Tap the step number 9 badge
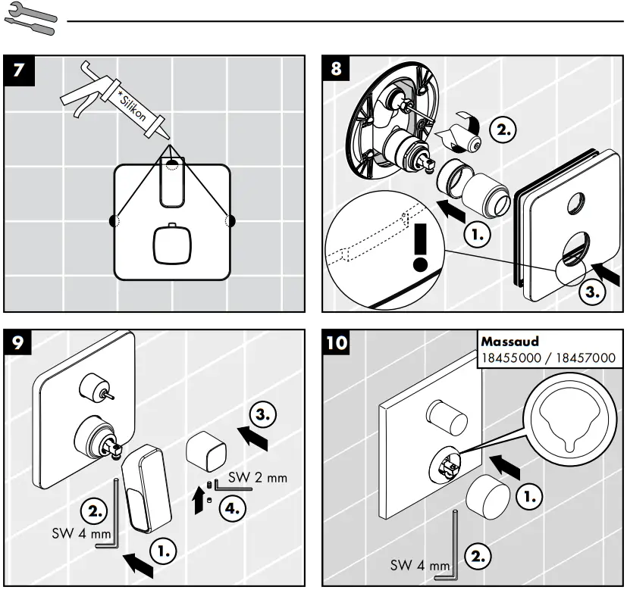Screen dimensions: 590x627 (x=19, y=343)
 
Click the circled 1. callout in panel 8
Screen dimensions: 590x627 (x=475, y=235)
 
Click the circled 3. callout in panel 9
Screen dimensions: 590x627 (x=262, y=414)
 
